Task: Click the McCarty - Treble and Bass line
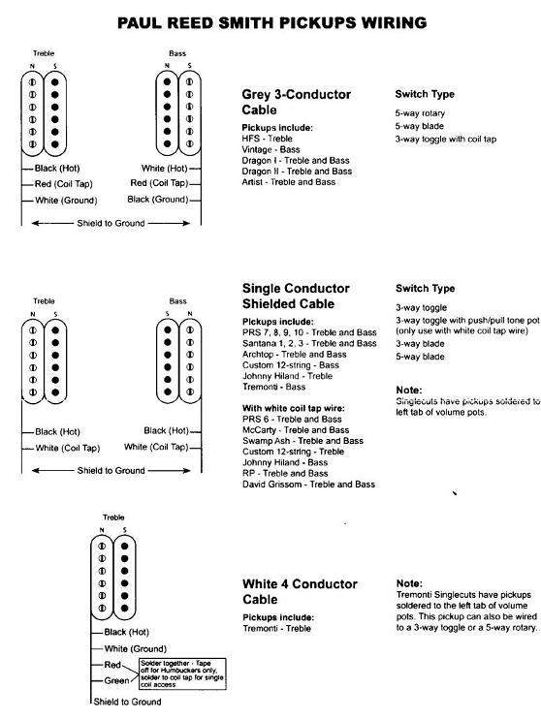coord(294,428)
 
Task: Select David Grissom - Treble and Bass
coord(309,483)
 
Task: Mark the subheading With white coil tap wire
coord(288,407)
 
